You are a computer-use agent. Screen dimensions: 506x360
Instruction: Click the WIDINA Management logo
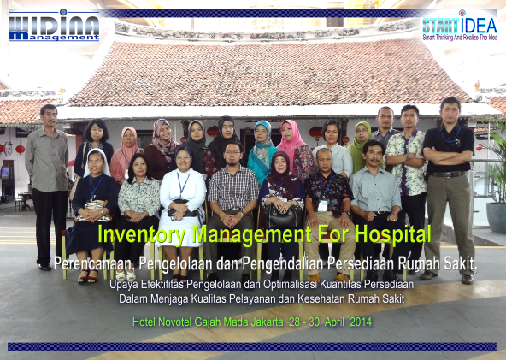coord(54,25)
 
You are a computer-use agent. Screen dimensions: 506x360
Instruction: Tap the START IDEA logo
coord(460,26)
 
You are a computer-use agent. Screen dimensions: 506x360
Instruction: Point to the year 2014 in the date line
coord(361,322)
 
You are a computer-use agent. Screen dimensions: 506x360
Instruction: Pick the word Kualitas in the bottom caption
coord(209,299)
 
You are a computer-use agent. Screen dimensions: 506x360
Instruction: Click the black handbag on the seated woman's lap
coord(282,217)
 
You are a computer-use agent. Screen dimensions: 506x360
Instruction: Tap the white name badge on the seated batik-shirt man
coord(323,206)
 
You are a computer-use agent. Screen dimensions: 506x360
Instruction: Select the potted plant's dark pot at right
coord(496,217)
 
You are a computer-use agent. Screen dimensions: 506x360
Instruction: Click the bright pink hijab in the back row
coord(291,136)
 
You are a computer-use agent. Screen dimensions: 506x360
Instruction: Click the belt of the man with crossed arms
coord(449,174)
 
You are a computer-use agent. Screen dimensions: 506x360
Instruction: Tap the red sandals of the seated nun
coord(88,276)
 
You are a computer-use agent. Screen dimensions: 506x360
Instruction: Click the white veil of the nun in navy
coord(96,162)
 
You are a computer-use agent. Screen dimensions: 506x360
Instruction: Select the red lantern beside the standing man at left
coord(20,149)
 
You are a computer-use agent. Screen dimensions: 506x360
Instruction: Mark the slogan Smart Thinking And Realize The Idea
coord(460,38)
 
